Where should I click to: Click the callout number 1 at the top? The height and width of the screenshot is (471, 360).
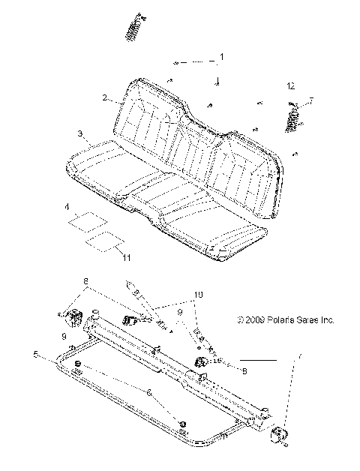tap(221, 57)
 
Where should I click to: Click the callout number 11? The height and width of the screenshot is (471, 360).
tap(126, 257)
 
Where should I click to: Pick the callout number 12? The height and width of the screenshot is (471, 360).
tap(291, 87)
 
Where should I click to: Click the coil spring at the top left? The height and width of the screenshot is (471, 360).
tap(133, 28)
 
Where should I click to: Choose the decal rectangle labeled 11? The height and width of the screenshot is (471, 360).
tap(104, 241)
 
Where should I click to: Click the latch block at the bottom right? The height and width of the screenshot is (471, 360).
tap(282, 435)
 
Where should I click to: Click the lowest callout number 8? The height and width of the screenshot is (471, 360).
tap(244, 370)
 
